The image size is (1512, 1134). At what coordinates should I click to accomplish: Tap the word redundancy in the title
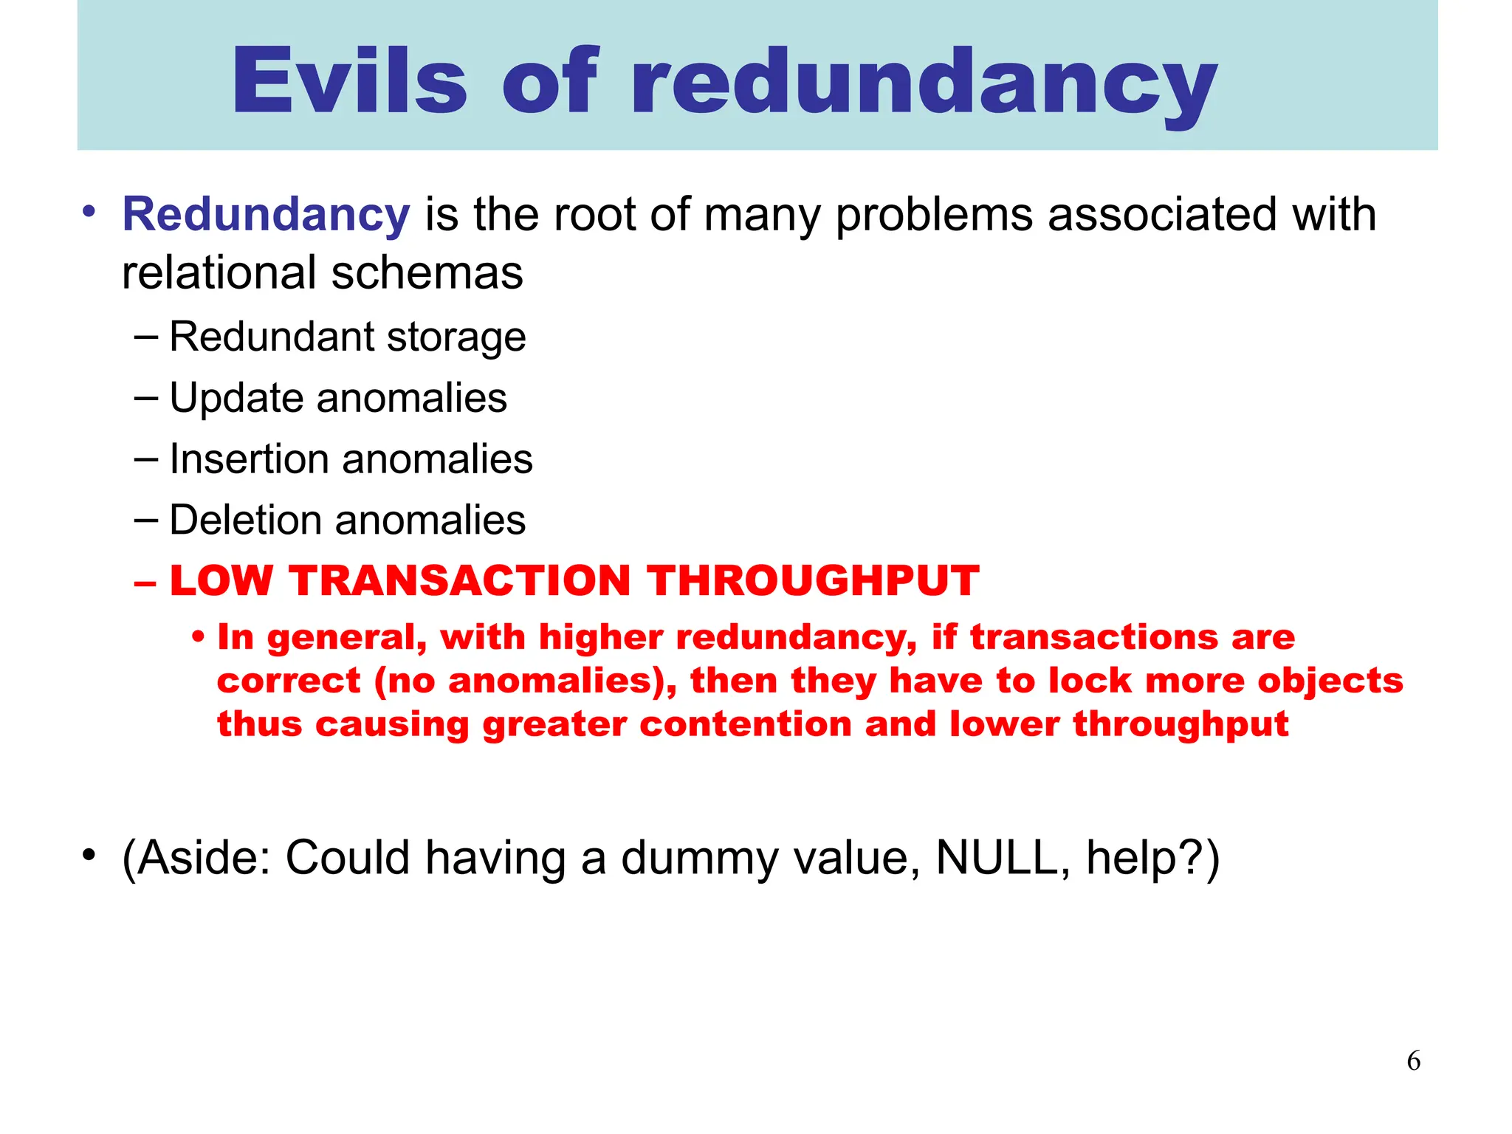924,83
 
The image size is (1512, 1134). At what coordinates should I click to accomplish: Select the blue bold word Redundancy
266,215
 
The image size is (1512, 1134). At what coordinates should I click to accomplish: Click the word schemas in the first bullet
427,272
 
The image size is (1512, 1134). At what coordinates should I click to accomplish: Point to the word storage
456,337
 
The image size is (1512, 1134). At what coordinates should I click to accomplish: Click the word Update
236,399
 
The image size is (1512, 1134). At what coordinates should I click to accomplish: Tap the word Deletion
246,520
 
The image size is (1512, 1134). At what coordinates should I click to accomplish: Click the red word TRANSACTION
459,580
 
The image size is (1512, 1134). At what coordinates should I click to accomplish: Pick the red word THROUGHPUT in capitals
814,580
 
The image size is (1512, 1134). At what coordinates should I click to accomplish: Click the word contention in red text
746,724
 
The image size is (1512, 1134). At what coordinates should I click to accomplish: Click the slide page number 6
1413,1061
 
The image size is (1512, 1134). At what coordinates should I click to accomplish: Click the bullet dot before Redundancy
89,212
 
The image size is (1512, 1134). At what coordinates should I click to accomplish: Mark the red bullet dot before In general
197,636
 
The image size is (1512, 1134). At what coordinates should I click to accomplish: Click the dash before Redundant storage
146,337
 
